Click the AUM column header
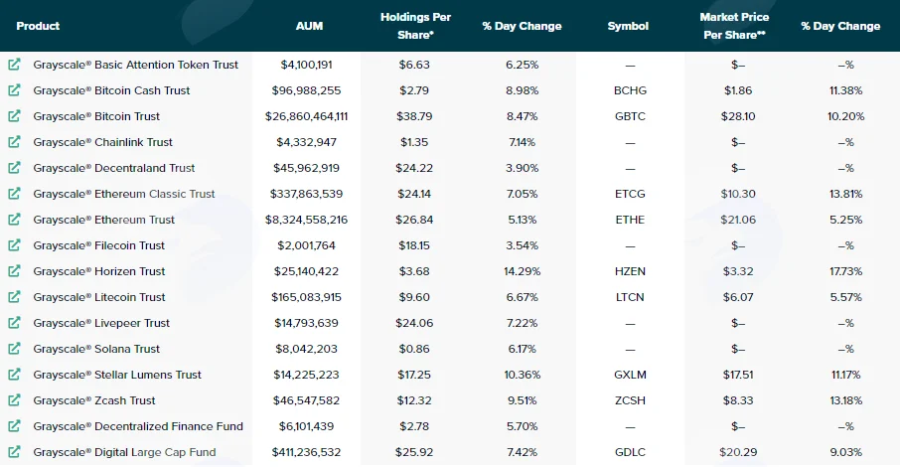309,26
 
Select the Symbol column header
628,26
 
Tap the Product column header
38,26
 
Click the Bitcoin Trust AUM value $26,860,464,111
307,116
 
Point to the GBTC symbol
630,116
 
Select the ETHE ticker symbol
630,220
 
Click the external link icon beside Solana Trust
14,348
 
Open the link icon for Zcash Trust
14,399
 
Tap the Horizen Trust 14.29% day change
523,271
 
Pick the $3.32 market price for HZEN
738,271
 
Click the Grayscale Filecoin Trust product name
98,245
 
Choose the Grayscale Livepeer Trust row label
101,323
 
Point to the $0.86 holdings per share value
414,349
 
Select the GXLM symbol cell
630,375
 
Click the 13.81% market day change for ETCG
846,194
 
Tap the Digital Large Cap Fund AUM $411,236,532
307,452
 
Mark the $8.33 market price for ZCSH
738,400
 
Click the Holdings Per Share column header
415,26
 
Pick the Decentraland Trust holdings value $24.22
414,168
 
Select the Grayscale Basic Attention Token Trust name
135,65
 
